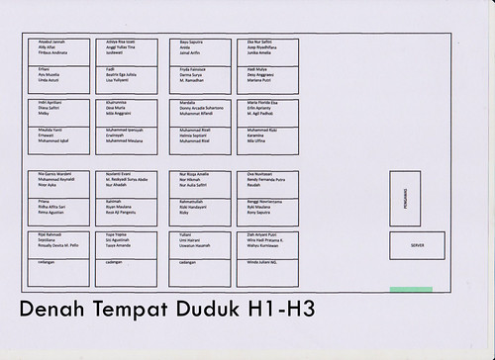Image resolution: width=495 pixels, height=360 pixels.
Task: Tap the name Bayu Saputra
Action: pyautogui.click(x=190, y=43)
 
